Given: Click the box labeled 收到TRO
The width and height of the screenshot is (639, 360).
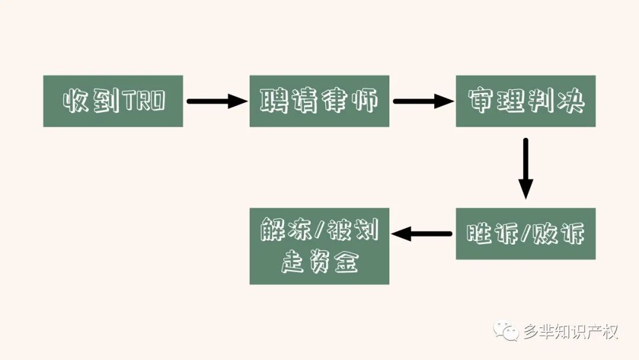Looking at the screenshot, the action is [113, 101].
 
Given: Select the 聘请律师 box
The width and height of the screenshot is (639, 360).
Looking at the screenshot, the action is [319, 101].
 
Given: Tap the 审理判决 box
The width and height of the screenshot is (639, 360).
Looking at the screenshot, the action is [525, 101].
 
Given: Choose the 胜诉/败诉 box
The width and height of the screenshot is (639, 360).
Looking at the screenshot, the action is [525, 234].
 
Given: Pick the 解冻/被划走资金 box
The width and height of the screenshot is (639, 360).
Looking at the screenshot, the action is [319, 246].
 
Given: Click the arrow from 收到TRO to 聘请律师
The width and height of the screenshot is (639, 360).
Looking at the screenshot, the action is [217, 101].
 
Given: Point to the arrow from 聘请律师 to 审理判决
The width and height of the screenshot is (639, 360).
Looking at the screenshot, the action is [424, 101].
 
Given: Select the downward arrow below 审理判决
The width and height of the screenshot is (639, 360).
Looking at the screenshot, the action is [526, 168].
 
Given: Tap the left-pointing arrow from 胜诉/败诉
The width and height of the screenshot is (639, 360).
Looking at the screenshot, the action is [422, 234].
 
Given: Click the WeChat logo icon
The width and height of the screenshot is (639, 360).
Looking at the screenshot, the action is [506, 330].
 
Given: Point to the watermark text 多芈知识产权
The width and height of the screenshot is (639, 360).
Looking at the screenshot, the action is [570, 332].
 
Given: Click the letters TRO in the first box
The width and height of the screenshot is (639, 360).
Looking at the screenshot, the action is [145, 101].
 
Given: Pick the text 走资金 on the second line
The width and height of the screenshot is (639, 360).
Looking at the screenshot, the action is [319, 261].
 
